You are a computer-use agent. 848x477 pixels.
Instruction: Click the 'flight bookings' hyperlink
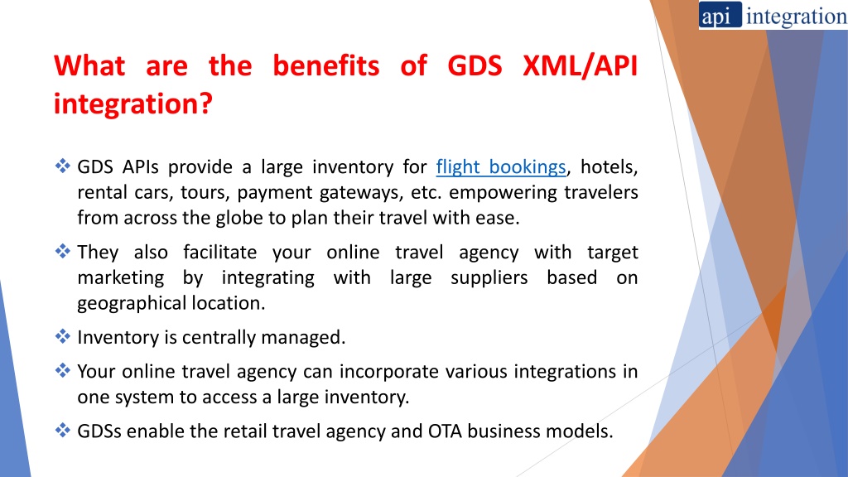coord(500,167)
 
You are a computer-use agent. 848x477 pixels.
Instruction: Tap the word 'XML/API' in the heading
coord(581,66)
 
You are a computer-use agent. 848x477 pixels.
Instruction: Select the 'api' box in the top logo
coord(717,17)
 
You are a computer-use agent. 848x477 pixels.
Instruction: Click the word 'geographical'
coord(127,303)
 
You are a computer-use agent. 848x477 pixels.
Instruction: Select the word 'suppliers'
coord(489,277)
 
